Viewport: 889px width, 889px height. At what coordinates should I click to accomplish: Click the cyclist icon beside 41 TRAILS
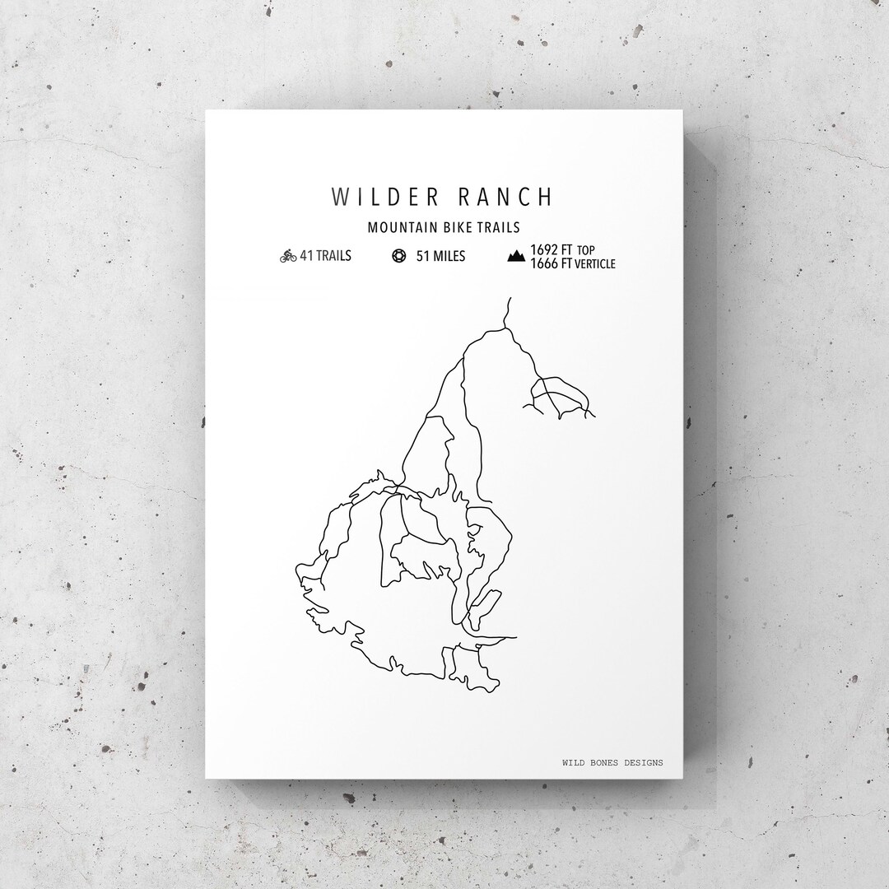(288, 256)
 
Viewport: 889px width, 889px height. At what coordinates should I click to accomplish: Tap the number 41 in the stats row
(306, 256)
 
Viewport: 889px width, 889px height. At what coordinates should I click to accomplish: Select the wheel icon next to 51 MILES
(399, 256)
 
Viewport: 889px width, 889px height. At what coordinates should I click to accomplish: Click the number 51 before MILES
(423, 256)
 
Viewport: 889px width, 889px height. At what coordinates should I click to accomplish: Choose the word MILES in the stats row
(449, 256)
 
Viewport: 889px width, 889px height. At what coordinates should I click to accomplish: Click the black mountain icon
(516, 257)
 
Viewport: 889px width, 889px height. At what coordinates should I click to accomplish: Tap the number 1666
(543, 263)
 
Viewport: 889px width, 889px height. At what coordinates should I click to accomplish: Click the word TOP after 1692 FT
(585, 250)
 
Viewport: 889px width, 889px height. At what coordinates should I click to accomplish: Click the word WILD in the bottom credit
(574, 763)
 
